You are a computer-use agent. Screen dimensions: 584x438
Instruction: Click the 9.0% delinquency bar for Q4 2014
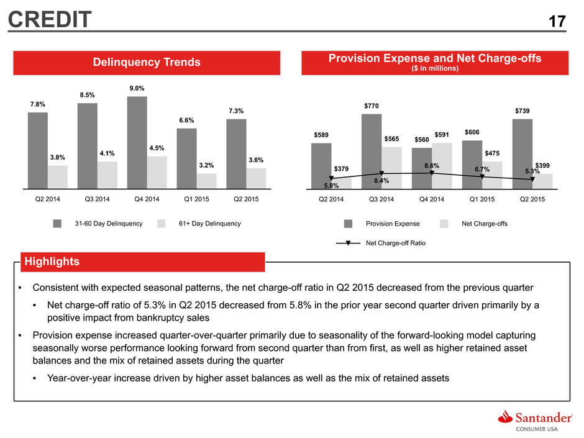click(137, 143)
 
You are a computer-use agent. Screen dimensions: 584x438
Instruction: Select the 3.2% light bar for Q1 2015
click(207, 181)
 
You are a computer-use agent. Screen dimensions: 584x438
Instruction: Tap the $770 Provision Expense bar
click(372, 152)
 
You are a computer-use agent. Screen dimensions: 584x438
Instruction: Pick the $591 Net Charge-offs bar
click(442, 166)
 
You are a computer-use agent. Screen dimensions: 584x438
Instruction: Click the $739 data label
click(522, 111)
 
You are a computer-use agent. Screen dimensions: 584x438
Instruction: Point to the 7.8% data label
click(38, 104)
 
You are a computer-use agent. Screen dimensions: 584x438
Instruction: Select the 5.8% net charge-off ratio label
click(331, 186)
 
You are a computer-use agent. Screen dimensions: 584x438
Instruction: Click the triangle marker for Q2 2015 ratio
click(532, 179)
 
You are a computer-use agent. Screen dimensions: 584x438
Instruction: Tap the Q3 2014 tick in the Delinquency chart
click(97, 199)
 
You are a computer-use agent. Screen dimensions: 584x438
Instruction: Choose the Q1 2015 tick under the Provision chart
click(482, 199)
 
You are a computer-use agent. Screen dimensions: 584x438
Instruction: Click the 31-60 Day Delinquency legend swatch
click(57, 224)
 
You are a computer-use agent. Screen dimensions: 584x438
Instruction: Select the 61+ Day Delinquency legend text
click(210, 224)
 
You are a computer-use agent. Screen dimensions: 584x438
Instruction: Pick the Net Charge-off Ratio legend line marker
click(349, 243)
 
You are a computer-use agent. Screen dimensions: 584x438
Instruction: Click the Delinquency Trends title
click(147, 62)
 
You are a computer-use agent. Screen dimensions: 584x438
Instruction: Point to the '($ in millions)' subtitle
click(435, 68)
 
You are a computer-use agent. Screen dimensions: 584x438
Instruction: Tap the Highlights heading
click(52, 262)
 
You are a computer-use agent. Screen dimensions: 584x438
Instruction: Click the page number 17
click(557, 21)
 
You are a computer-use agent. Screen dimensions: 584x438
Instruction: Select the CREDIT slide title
click(50, 19)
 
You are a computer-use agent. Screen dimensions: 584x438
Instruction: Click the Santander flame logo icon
click(506, 417)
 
